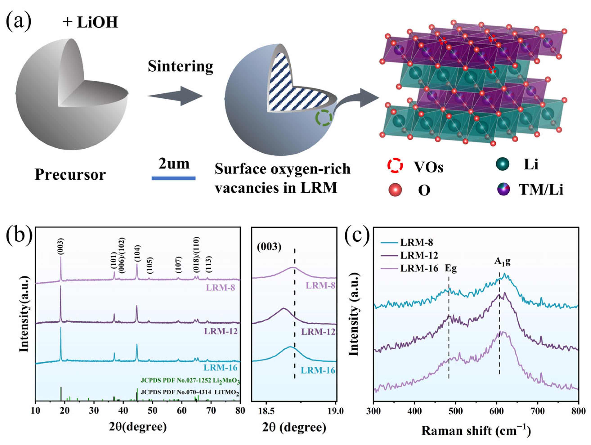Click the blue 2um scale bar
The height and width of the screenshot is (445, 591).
[173, 178]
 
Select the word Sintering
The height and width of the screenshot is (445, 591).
[180, 66]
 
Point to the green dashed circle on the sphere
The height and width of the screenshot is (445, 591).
[324, 117]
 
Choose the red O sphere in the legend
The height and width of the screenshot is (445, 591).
[395, 190]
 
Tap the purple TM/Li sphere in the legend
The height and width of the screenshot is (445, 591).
[503, 189]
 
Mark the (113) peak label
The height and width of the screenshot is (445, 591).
[209, 264]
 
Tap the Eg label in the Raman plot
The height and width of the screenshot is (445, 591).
[450, 268]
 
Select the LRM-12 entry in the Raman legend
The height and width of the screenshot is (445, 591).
[419, 255]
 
